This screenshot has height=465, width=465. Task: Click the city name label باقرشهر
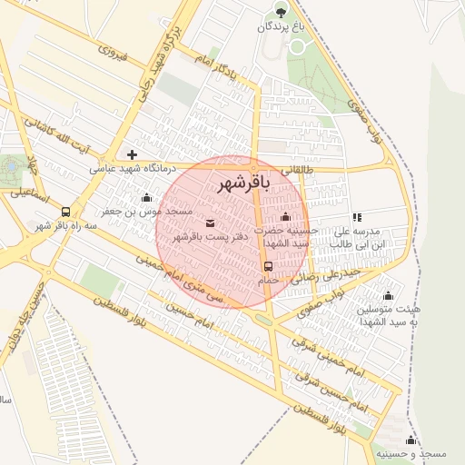(x=244, y=183)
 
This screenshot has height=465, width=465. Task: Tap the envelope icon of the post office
(x=211, y=223)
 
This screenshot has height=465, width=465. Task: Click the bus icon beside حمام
(x=268, y=267)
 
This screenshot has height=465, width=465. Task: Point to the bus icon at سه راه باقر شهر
(x=64, y=212)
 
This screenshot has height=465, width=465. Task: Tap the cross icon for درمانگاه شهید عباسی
(x=133, y=155)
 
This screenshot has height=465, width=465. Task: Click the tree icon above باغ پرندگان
(x=280, y=12)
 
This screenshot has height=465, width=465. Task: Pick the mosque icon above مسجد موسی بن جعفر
(x=146, y=197)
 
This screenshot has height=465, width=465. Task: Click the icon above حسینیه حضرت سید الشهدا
(x=286, y=217)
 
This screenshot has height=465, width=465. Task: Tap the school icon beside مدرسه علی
(x=357, y=218)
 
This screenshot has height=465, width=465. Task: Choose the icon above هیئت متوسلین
(x=389, y=295)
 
